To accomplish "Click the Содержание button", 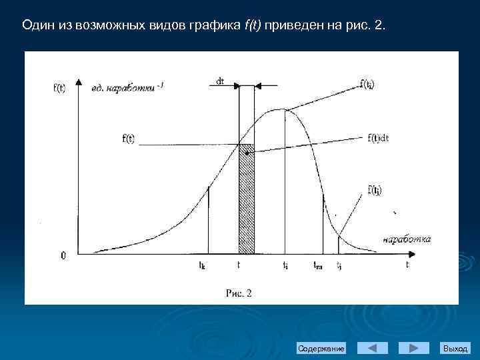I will click(321, 349).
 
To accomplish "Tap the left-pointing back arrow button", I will click(373, 348).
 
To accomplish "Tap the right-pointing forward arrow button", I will click(413, 348).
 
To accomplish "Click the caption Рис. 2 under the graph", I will click(238, 293).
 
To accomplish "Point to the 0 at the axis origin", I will click(63, 255).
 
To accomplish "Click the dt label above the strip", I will click(220, 81).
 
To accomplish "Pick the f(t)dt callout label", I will click(378, 138).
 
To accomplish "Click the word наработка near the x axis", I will click(407, 239).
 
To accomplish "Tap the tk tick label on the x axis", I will click(202, 265).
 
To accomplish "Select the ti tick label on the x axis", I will click(285, 265).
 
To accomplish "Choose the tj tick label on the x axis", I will click(339, 265).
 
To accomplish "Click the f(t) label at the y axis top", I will click(59, 87).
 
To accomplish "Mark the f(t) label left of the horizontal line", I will click(129, 139).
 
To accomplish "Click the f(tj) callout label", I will click(375, 190).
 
